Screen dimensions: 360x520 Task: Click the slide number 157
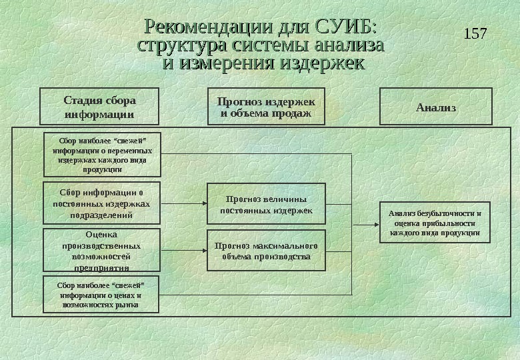[x=475, y=33]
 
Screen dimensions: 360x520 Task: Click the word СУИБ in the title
[x=346, y=27]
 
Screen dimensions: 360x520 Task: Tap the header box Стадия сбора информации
[x=100, y=107]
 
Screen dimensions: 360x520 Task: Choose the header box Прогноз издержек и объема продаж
[x=266, y=107]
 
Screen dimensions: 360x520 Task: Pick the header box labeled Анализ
[x=436, y=107]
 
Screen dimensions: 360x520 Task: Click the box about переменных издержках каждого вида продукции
[x=102, y=155]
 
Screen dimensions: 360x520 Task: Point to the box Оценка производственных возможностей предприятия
[x=101, y=251]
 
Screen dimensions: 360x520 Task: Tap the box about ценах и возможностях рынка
[x=101, y=294]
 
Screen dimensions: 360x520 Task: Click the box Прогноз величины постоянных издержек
[x=266, y=204]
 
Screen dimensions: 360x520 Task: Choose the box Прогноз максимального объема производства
[x=266, y=251]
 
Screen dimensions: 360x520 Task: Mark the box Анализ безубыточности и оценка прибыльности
[x=434, y=223]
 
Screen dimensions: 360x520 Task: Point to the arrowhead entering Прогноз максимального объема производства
[x=203, y=251]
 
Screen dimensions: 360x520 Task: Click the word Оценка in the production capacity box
[x=101, y=235]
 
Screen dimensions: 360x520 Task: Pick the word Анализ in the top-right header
[x=436, y=107]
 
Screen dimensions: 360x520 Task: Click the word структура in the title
[x=181, y=46]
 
